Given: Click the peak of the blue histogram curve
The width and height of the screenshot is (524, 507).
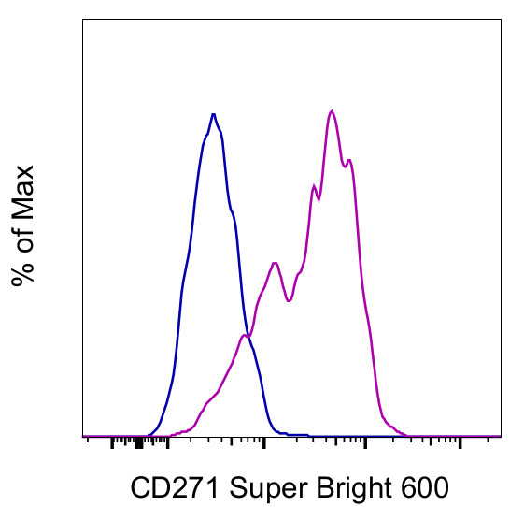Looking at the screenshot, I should (214, 114).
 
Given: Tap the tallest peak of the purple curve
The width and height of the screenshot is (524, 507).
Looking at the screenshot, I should (332, 110).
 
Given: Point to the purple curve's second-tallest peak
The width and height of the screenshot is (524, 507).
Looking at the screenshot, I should (349, 160).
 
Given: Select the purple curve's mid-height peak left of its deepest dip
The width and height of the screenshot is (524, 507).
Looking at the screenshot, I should (275, 263).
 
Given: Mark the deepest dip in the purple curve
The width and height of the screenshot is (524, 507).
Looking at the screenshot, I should (290, 301).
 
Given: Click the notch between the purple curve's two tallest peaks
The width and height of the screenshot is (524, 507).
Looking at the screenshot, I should (344, 167).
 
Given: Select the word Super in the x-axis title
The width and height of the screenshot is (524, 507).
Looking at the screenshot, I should (263, 486).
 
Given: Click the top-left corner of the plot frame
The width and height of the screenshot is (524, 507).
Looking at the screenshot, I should (83, 21).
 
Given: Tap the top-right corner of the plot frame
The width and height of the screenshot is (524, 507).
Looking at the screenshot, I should (502, 21).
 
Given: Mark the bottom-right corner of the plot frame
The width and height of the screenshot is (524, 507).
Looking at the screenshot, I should (502, 437).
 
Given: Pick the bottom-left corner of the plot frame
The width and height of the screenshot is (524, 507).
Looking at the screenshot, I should (83, 437).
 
